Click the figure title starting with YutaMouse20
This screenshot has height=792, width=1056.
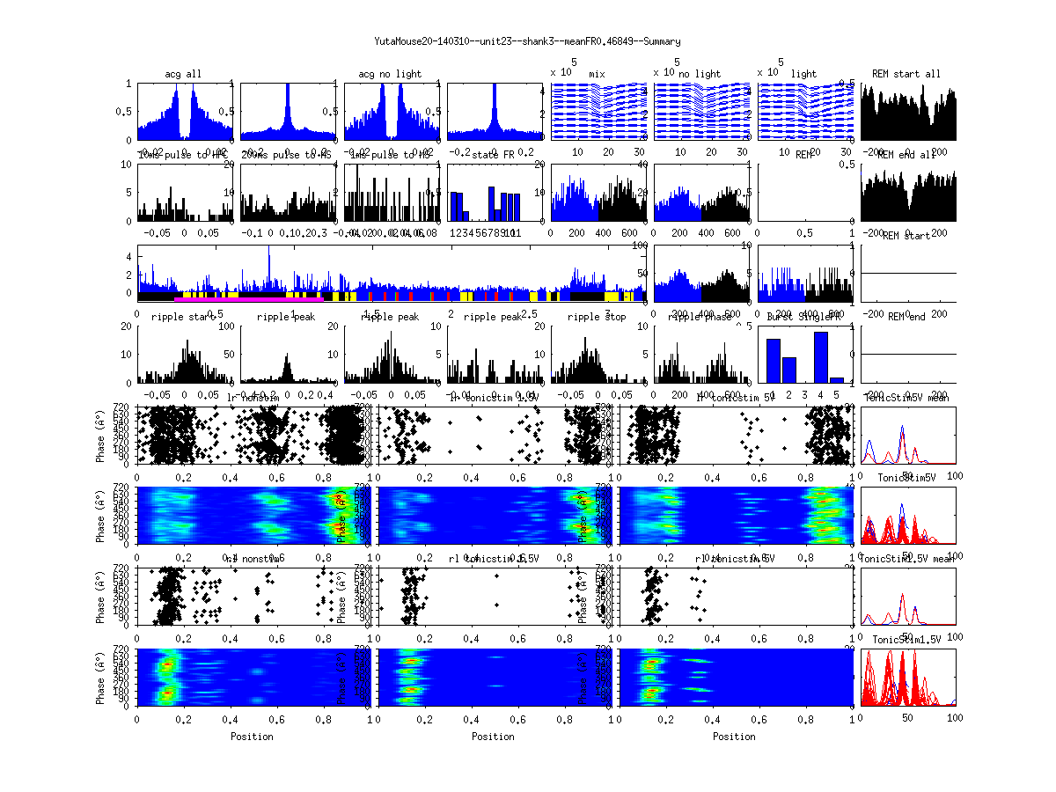point(527,41)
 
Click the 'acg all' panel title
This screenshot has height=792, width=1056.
point(183,74)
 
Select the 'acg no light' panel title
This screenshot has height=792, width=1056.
point(390,74)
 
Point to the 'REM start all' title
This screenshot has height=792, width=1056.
point(906,74)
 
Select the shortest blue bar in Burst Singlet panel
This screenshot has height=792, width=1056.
point(837,379)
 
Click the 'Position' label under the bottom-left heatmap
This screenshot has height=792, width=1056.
point(252,737)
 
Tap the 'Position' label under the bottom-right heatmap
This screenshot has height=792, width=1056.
point(735,737)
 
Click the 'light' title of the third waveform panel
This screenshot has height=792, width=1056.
point(803,74)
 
